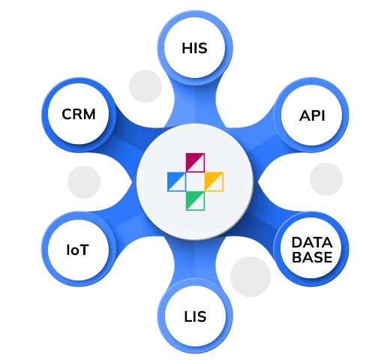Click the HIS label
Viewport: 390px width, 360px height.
pos(193,49)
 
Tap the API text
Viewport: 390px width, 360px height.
pos(311,116)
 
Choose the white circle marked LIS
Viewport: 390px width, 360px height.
pos(193,316)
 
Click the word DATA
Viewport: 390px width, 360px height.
pos(312,241)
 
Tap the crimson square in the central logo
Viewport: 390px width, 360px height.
pos(194,162)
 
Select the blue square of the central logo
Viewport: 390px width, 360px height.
pos(175,181)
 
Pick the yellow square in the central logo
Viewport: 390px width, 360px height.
pos(213,181)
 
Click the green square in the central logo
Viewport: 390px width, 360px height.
pos(194,199)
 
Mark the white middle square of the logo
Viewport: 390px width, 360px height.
pos(194,181)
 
